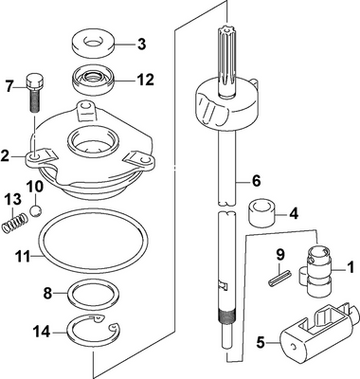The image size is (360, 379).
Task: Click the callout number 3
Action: [x=142, y=45]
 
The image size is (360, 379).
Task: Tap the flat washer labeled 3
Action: [x=93, y=44]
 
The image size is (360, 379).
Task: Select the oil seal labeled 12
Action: [x=93, y=81]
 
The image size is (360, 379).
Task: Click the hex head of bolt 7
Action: [x=33, y=81]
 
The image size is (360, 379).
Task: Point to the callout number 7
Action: [x=10, y=86]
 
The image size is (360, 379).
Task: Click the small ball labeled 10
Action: [x=36, y=211]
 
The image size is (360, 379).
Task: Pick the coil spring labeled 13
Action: [x=14, y=223]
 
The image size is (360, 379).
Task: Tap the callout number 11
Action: [x=23, y=256]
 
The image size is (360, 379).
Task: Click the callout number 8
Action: [x=47, y=294]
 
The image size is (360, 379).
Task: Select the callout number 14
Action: [x=42, y=332]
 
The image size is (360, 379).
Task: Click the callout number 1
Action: [x=351, y=268]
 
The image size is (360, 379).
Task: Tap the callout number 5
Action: [x=261, y=343]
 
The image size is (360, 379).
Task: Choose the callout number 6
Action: [x=256, y=181]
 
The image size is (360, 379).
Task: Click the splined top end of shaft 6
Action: [x=227, y=60]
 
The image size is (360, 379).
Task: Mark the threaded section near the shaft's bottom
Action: [x=226, y=317]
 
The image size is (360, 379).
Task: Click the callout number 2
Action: [x=5, y=155]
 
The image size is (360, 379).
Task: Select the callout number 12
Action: [x=145, y=80]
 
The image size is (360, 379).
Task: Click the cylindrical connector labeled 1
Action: [x=315, y=271]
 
